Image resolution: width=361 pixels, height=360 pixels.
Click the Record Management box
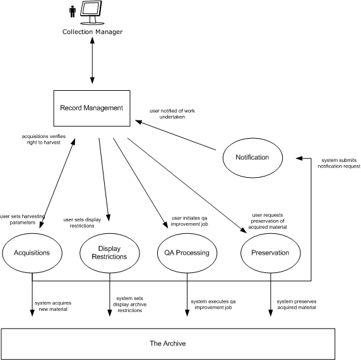coord(91,108)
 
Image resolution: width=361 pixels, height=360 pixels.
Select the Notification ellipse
coord(251,158)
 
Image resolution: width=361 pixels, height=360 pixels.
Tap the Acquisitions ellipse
coord(32,253)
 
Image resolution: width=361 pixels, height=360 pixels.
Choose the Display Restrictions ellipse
coord(109,253)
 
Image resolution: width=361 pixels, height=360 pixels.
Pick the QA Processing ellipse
coord(187,253)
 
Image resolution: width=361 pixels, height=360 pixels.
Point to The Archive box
coord(167,344)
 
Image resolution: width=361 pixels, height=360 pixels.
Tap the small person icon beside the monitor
coord(73,12)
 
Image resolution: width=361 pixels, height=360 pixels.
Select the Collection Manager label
coord(92,32)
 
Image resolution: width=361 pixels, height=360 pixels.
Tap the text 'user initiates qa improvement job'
coord(189,221)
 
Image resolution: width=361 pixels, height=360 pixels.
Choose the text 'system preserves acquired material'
coord(297,305)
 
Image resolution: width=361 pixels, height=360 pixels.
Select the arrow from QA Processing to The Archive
coord(187,296)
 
